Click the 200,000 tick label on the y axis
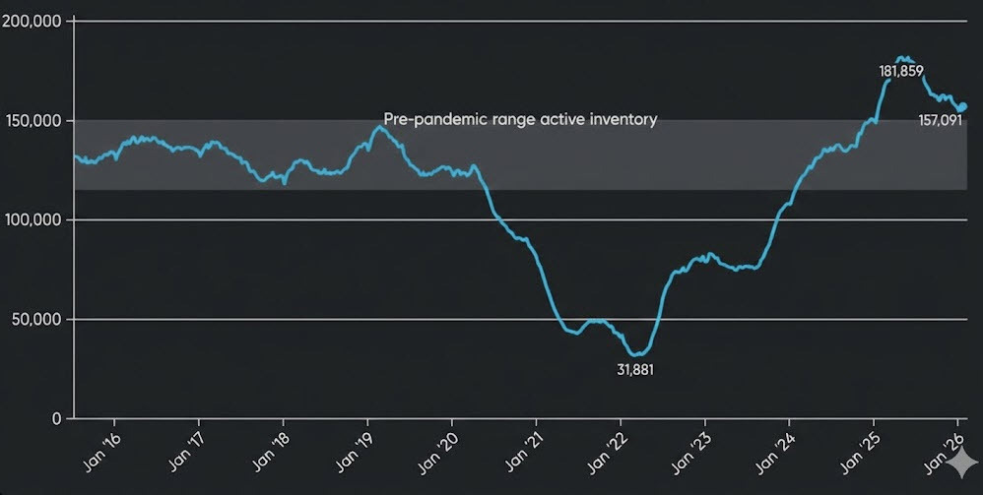pos(33,21)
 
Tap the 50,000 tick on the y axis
pos(36,319)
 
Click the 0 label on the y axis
pos(55,418)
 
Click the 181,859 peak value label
pos(900,72)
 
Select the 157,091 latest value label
pos(939,122)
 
